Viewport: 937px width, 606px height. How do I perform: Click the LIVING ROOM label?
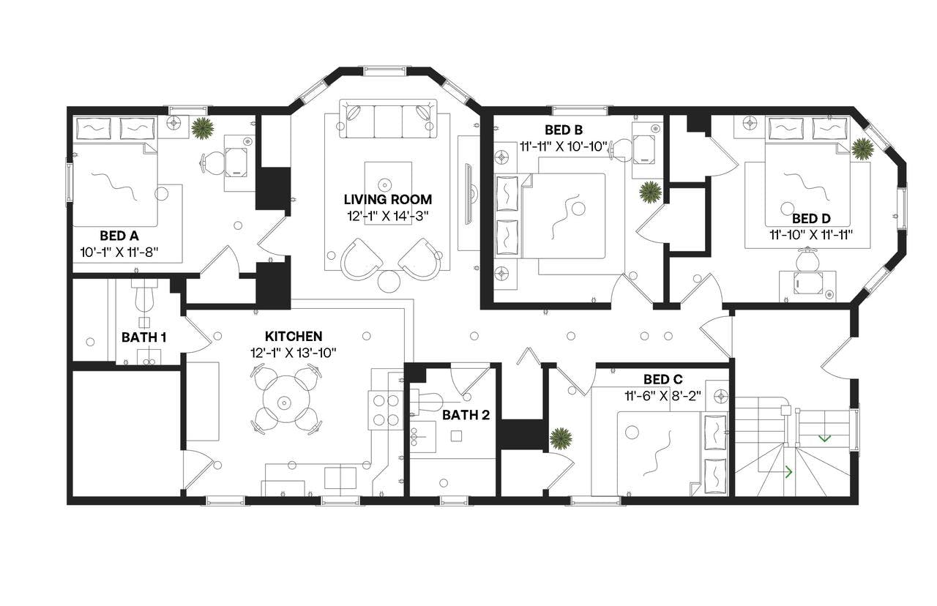tap(388, 199)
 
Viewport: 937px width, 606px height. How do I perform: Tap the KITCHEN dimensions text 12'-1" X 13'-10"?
tap(294, 352)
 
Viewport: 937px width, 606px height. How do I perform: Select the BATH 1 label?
tap(143, 337)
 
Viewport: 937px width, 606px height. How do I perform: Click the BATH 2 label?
tap(466, 415)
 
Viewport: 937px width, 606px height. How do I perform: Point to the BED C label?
tap(662, 379)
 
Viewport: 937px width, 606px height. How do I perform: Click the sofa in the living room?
tap(387, 120)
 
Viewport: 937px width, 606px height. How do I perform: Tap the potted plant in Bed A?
tap(203, 128)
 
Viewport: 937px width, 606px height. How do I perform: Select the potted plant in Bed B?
tap(649, 192)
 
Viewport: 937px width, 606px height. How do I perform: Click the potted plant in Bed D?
tap(862, 149)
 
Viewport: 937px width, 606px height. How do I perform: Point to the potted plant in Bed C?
tap(561, 438)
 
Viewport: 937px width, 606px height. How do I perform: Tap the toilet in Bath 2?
tap(430, 402)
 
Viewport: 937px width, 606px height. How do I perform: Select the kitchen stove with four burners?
tap(385, 410)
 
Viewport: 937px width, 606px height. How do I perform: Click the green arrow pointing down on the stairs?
tap(824, 438)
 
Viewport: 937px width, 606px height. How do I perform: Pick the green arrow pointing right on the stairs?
tap(788, 472)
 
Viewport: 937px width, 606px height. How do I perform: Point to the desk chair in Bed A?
tap(213, 162)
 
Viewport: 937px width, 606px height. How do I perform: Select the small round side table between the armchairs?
tap(390, 281)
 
